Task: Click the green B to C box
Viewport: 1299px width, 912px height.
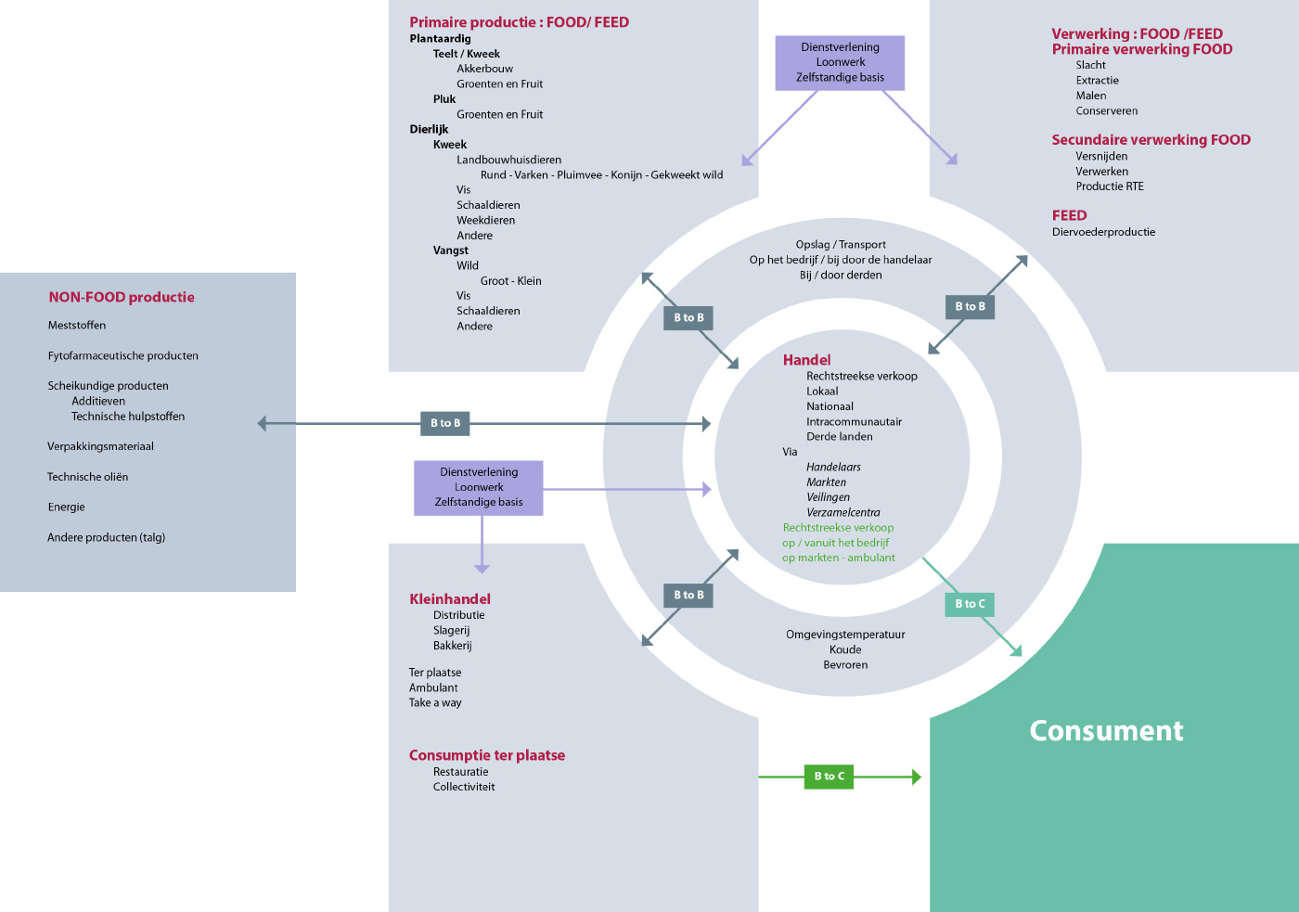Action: (829, 777)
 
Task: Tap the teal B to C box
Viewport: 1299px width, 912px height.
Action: (970, 604)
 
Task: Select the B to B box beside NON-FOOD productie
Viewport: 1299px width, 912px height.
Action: (444, 423)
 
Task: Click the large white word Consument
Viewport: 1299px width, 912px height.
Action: (1106, 730)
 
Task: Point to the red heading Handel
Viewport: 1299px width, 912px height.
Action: (806, 360)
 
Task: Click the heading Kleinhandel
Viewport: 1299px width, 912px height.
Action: (450, 599)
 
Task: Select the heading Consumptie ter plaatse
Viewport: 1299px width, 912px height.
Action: (487, 755)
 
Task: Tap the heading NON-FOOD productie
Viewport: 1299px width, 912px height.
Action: (122, 297)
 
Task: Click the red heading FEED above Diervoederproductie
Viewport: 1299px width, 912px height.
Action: (1069, 215)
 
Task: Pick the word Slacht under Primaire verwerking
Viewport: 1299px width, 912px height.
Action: (1090, 65)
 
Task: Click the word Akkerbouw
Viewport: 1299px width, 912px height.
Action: (484, 69)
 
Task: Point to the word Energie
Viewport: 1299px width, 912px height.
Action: (66, 507)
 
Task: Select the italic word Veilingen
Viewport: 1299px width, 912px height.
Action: (828, 497)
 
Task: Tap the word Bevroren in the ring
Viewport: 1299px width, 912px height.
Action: (845, 664)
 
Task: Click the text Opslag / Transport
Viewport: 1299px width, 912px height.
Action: (841, 245)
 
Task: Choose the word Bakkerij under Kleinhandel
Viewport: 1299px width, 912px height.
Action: (453, 646)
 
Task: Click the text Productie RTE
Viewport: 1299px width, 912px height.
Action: (1110, 186)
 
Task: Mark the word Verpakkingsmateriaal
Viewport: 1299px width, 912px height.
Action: (100, 446)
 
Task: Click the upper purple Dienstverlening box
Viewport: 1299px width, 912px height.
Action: (840, 62)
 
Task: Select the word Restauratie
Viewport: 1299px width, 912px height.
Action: (460, 772)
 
